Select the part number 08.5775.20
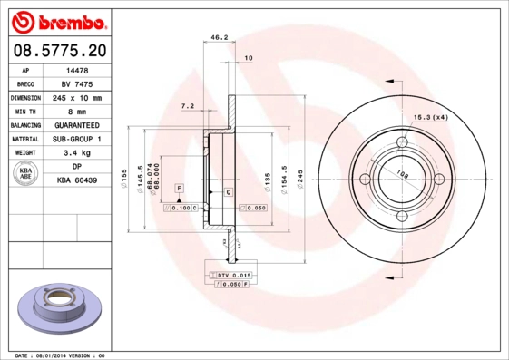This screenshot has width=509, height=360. pos(60,50)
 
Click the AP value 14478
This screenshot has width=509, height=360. pos(76,69)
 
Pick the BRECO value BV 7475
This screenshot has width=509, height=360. pos(76,83)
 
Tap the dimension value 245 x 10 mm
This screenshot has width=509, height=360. pos(76,97)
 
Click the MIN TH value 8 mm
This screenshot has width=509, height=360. pos(76,111)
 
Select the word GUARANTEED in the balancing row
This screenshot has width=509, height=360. pos(76,125)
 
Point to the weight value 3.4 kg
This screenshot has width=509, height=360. pos(76,153)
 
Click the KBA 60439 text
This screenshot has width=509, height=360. pos(76,181)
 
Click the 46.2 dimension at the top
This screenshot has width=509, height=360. pos(219,38)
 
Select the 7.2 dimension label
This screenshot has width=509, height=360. pos(188,106)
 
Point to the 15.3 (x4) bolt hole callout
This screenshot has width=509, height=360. pos(432,117)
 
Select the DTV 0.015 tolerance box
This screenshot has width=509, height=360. pos(232,274)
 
